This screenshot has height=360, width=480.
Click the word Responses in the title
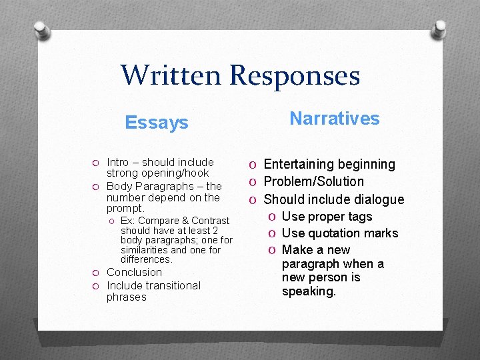(x=295, y=75)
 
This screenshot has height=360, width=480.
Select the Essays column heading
(x=157, y=123)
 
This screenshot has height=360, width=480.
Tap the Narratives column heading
(x=334, y=119)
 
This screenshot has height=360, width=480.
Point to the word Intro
(x=118, y=162)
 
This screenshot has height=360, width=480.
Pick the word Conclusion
(x=134, y=272)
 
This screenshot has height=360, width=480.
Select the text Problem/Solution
(x=314, y=181)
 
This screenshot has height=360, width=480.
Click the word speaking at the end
(x=308, y=291)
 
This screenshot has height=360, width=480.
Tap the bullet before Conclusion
(x=96, y=273)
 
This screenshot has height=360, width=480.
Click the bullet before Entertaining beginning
(x=254, y=165)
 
